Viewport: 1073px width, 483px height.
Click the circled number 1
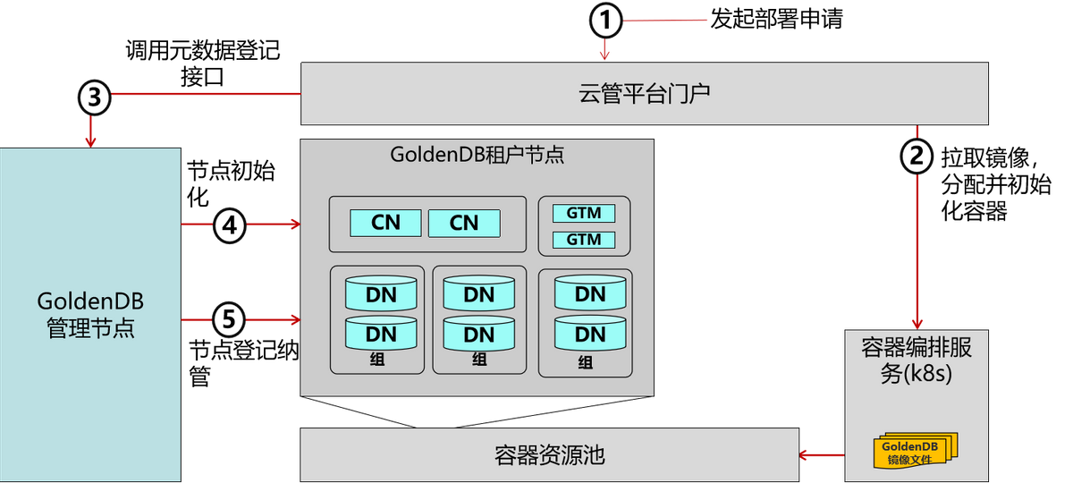pos(605,21)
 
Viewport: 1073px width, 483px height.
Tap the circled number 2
pos(917,157)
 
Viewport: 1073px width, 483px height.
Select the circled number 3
pos(95,97)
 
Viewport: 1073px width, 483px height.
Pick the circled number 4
pos(230,225)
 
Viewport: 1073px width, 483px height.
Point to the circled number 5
pos(229,319)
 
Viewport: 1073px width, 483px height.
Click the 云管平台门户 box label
pos(645,93)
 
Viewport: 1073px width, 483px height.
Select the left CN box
pos(385,223)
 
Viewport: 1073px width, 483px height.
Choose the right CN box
pos(464,224)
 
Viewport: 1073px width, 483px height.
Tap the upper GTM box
pos(584,213)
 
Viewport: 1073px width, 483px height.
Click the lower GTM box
pos(584,240)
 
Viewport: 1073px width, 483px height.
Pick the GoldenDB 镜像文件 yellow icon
pos(916,451)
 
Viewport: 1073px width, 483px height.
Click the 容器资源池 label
pos(549,455)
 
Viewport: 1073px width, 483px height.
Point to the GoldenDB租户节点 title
pos(477,155)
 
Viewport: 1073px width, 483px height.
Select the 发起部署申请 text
pos(776,19)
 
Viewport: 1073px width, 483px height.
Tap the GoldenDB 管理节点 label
pos(90,315)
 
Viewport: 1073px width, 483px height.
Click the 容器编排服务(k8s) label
pos(917,360)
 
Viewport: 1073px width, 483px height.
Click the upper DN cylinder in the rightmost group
pos(590,292)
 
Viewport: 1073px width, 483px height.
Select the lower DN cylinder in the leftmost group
pos(381,333)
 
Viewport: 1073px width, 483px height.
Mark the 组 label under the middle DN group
pos(479,360)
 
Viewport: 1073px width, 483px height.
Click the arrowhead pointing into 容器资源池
pos(805,454)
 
